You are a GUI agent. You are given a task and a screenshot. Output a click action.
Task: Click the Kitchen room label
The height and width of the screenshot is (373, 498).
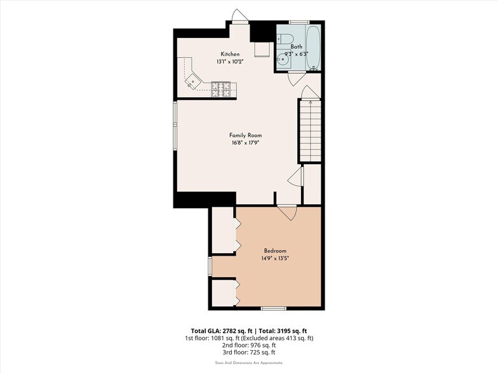(x=229, y=54)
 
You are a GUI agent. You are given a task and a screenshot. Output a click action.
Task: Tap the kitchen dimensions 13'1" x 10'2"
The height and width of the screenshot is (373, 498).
(x=229, y=62)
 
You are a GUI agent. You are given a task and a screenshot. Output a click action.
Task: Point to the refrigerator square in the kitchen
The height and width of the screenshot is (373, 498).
(x=262, y=49)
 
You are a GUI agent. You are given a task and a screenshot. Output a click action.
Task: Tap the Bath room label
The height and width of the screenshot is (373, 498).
(x=297, y=47)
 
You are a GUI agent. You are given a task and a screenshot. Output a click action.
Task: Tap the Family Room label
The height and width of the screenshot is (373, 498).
(x=245, y=135)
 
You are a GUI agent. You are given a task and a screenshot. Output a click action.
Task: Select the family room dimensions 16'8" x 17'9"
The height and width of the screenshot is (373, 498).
(x=245, y=143)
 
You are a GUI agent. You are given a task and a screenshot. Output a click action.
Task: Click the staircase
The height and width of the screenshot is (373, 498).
(x=311, y=130)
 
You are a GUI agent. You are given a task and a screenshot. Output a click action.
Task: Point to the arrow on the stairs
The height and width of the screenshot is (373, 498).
(x=310, y=100)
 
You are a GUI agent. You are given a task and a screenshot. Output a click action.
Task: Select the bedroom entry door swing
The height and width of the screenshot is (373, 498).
(x=287, y=213)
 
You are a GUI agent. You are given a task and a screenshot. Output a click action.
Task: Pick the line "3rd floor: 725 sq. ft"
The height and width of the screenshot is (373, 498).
(x=249, y=352)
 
